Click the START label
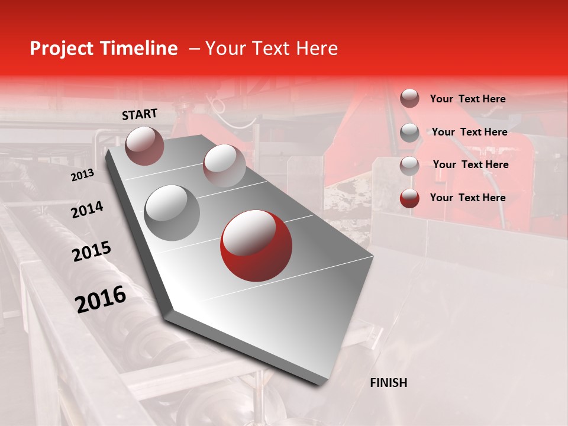coord(140,114)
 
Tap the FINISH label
coord(388,383)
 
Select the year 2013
coord(82,175)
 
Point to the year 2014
coord(87,209)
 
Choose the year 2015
coord(92,251)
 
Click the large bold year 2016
coord(101,299)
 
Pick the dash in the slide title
coord(194,49)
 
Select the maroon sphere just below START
coord(144,146)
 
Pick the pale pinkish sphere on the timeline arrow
coord(224,166)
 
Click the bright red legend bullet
coord(409,198)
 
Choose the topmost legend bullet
coord(409,98)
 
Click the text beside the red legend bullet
coord(467,198)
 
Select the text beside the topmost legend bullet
coord(467,99)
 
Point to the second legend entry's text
coord(469,132)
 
